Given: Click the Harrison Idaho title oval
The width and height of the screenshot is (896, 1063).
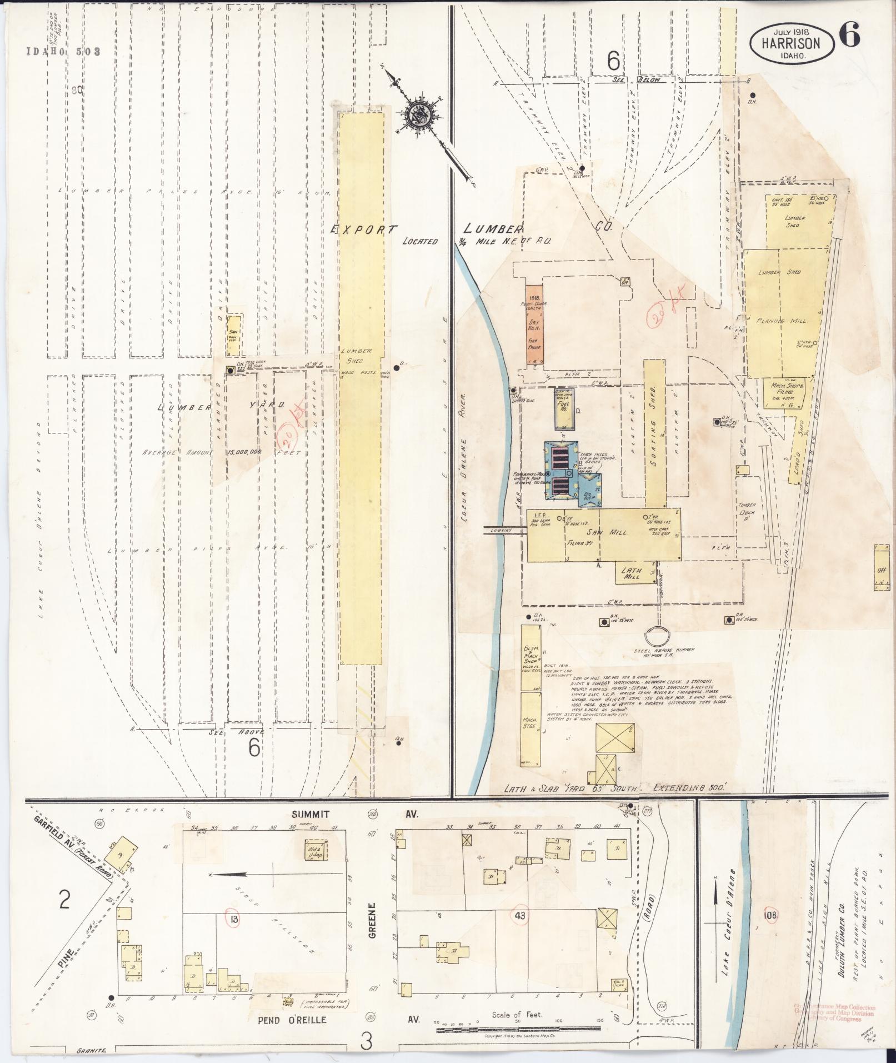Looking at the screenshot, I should [x=792, y=43].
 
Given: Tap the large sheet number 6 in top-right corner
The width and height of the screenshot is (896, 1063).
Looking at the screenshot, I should [x=849, y=36].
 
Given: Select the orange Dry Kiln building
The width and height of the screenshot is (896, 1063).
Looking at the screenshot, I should [x=534, y=325].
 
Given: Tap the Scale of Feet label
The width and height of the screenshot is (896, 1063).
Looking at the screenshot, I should [x=517, y=1014].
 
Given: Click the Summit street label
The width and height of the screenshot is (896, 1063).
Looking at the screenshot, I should [x=310, y=814].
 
